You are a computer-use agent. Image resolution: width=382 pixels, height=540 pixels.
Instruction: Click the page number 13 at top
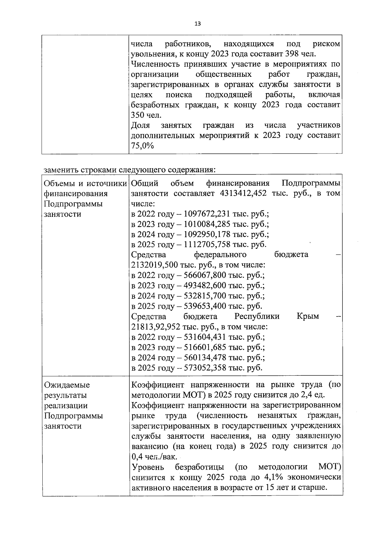coord(197,24)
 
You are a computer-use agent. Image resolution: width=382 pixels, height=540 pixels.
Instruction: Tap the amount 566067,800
coord(205,275)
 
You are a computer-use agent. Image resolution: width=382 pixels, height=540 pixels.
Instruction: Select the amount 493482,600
coord(205,286)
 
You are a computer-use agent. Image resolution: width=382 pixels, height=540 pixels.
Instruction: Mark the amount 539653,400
coord(205,306)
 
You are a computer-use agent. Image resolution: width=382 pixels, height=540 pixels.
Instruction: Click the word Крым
coord(308,316)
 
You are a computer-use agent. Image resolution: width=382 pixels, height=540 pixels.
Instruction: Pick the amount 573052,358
coord(205,368)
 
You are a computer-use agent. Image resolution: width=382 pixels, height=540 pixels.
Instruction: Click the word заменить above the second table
coord(61,169)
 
